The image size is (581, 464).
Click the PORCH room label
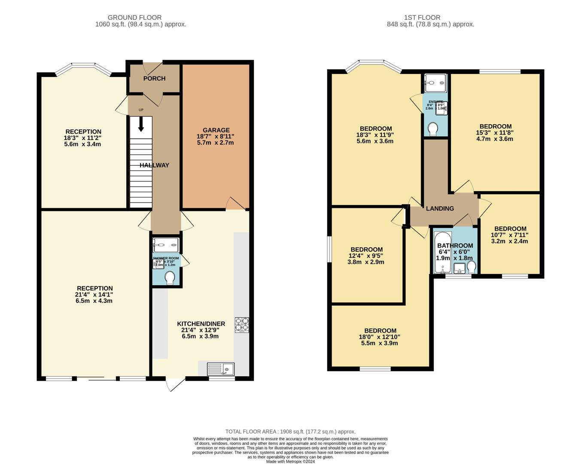click(x=154, y=79)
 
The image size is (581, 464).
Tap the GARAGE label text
click(x=216, y=130)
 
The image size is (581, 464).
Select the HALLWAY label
click(x=154, y=165)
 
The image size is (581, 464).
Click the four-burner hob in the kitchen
click(x=242, y=325)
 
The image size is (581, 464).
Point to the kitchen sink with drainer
click(x=220, y=369)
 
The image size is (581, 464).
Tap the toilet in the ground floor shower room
click(x=170, y=277)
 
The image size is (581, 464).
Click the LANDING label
click(x=440, y=209)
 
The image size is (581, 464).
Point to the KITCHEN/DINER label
click(x=201, y=324)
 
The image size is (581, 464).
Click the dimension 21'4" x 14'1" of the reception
click(x=94, y=295)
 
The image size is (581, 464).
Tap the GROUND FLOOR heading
click(x=134, y=18)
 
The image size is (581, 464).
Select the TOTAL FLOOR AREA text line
click(x=290, y=432)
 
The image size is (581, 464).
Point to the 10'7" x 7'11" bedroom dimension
click(x=509, y=235)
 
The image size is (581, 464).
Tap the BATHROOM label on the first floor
click(x=455, y=246)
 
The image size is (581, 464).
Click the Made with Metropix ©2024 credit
click(x=290, y=462)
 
